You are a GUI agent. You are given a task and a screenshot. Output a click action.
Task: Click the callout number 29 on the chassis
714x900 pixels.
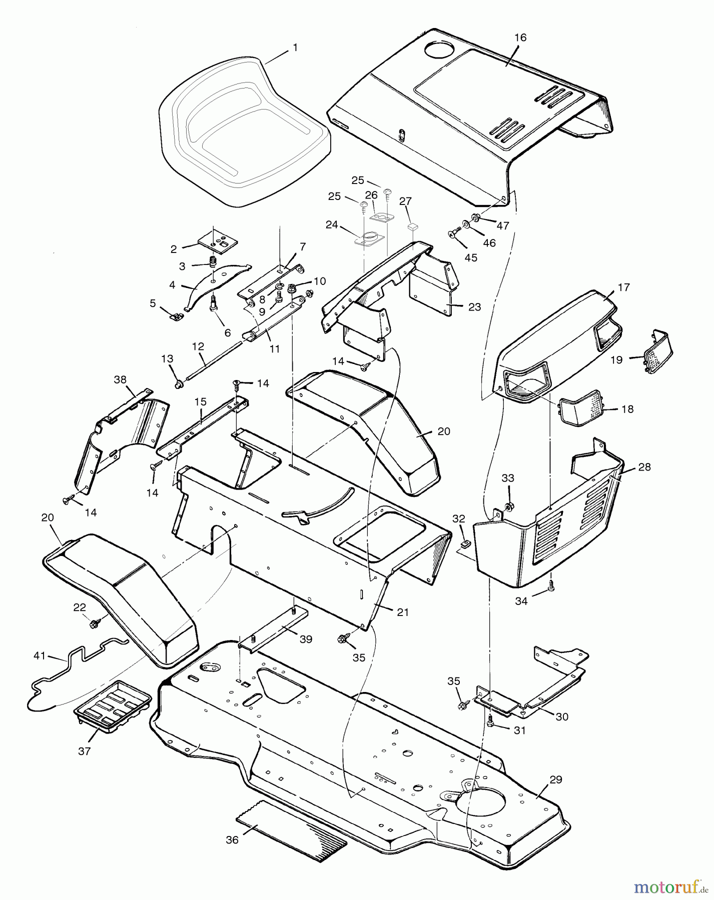[x=555, y=779]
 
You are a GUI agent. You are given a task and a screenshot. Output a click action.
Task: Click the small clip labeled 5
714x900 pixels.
[x=175, y=316]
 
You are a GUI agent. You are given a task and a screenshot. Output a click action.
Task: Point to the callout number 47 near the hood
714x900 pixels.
[x=502, y=225]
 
